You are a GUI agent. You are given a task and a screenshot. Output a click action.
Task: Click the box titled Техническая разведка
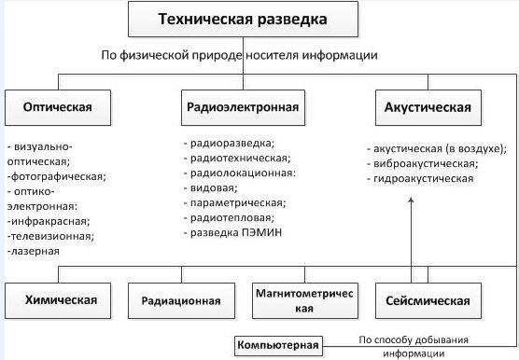tap(243, 19)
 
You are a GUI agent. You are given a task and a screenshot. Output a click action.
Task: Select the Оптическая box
tap(58, 107)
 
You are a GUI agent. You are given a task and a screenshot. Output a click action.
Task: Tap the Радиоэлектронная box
tap(243, 107)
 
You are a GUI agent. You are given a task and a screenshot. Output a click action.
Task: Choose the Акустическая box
tap(428, 107)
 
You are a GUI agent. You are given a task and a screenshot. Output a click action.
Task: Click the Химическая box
tap(58, 300)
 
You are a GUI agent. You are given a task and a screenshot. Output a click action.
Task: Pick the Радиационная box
tap(181, 300)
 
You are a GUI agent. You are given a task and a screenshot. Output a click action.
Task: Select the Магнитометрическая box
tap(305, 300)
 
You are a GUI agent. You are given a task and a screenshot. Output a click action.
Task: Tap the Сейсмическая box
tap(428, 300)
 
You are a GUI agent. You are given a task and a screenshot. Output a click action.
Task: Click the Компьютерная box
tap(278, 345)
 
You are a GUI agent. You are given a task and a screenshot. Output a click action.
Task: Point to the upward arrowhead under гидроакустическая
tap(412, 200)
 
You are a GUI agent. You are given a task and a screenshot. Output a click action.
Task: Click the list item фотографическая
tap(57, 176)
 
